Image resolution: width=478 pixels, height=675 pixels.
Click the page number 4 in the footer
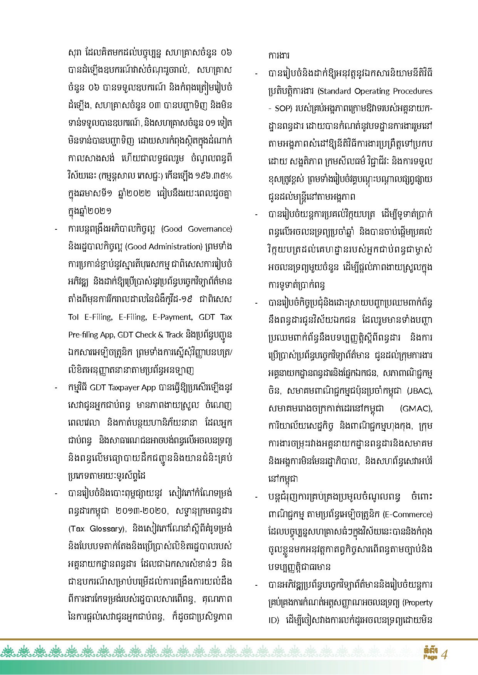445,655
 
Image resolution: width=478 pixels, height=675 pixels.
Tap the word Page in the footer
430,657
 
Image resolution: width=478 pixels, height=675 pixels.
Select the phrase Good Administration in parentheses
164,247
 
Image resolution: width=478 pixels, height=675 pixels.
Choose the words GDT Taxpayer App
122,388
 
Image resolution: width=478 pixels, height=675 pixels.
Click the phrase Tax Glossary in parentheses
96,529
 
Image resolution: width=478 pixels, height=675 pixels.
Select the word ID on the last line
272,620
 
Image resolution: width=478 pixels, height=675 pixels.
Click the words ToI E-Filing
90,317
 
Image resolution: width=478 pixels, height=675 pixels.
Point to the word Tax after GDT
226,317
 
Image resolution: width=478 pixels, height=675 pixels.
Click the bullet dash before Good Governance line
56,229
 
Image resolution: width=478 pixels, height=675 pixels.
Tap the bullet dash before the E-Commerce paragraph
256,497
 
